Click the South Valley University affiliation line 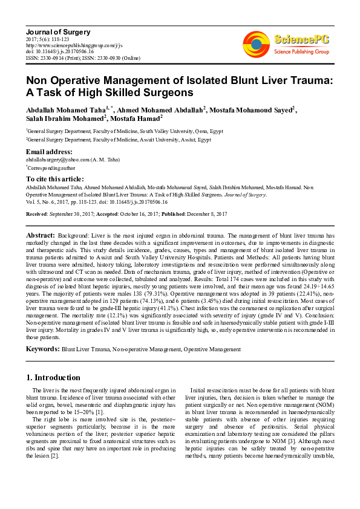point(124,130)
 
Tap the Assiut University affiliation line point(117,138)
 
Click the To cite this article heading point(57,180)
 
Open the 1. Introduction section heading point(54,377)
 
